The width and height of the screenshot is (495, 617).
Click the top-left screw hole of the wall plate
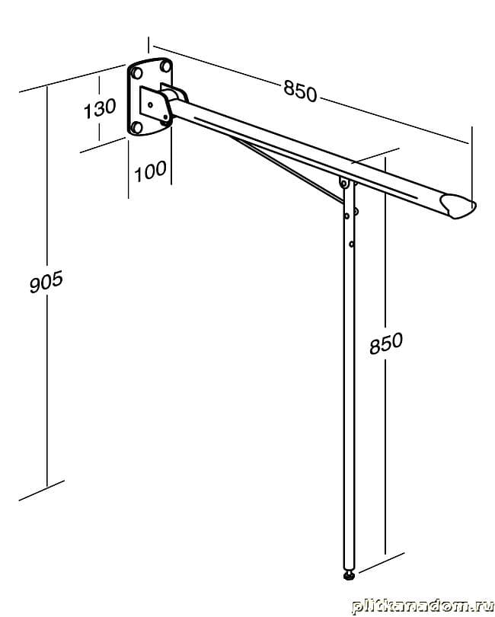[137, 75]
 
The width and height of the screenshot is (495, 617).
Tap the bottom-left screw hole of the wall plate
[137, 127]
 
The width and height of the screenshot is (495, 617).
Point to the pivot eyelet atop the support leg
[345, 183]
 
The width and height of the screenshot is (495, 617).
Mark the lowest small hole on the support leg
[351, 244]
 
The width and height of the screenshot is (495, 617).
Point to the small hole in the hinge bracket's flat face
[151, 104]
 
